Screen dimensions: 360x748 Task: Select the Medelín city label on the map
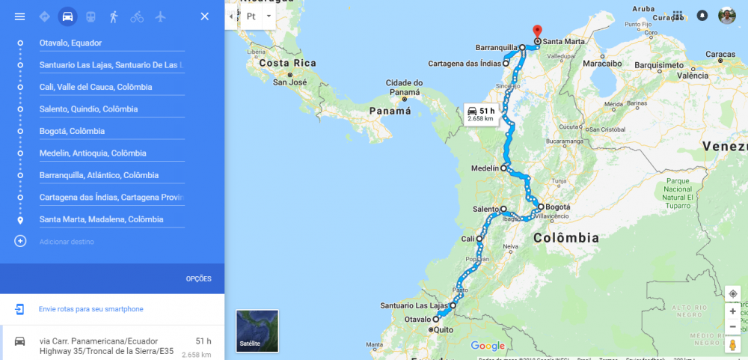tap(485, 168)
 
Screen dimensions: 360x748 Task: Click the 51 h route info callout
tap(481, 114)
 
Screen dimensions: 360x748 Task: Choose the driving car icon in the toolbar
tap(67, 16)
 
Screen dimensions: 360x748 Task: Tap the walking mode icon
tap(114, 16)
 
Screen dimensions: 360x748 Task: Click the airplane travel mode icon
tap(160, 16)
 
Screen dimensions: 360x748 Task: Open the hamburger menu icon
tap(20, 16)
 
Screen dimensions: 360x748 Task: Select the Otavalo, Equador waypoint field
tap(111, 43)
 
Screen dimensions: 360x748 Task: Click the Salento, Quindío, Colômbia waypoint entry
tap(111, 109)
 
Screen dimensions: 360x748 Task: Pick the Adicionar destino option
tap(67, 242)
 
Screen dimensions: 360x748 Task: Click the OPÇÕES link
tap(198, 279)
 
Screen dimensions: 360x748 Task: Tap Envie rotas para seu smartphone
tap(91, 309)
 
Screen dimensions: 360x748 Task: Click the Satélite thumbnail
tap(257, 331)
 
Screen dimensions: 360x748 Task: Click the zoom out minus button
tap(732, 326)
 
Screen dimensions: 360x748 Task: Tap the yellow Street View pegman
tap(732, 344)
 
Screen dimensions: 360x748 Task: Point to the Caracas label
tap(720, 55)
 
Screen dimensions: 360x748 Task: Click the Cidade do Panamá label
tap(405, 87)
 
